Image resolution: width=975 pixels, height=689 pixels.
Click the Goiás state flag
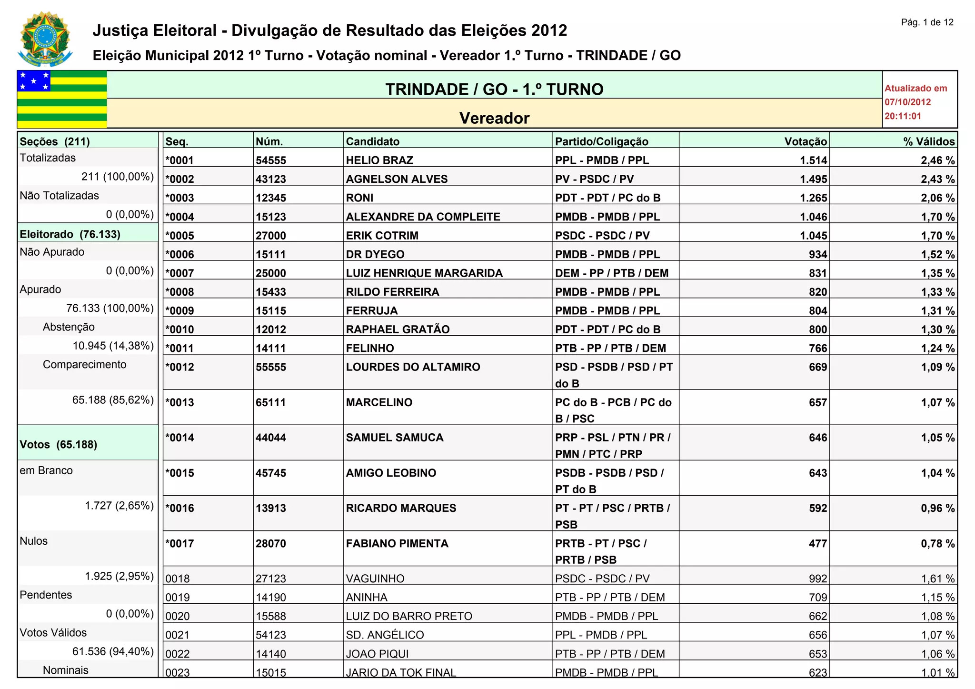click(x=62, y=99)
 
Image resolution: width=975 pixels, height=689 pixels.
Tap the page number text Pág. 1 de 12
click(x=927, y=22)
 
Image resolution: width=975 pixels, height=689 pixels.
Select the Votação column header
click(x=806, y=141)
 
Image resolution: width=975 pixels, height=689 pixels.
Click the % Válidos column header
click(x=929, y=141)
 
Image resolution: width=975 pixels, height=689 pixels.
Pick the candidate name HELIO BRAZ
click(x=379, y=160)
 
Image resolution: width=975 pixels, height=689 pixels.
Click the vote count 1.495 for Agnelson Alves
click(x=814, y=179)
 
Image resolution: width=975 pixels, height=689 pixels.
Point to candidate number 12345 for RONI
click(x=271, y=198)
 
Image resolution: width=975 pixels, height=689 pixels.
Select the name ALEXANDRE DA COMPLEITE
click(x=423, y=217)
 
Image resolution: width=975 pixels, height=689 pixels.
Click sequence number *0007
click(x=179, y=273)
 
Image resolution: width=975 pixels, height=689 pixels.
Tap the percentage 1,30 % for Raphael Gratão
click(x=937, y=330)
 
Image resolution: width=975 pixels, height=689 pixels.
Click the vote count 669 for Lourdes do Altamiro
click(x=818, y=367)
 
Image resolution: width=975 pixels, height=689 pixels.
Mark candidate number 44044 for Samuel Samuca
click(x=271, y=438)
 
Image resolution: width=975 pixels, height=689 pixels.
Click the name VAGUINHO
click(x=375, y=579)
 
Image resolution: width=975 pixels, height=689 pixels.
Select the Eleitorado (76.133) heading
click(x=70, y=234)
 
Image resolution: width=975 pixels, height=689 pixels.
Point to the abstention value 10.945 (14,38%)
click(x=113, y=346)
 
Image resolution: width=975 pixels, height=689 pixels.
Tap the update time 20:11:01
click(x=903, y=116)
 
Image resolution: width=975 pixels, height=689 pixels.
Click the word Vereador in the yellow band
click(x=494, y=118)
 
